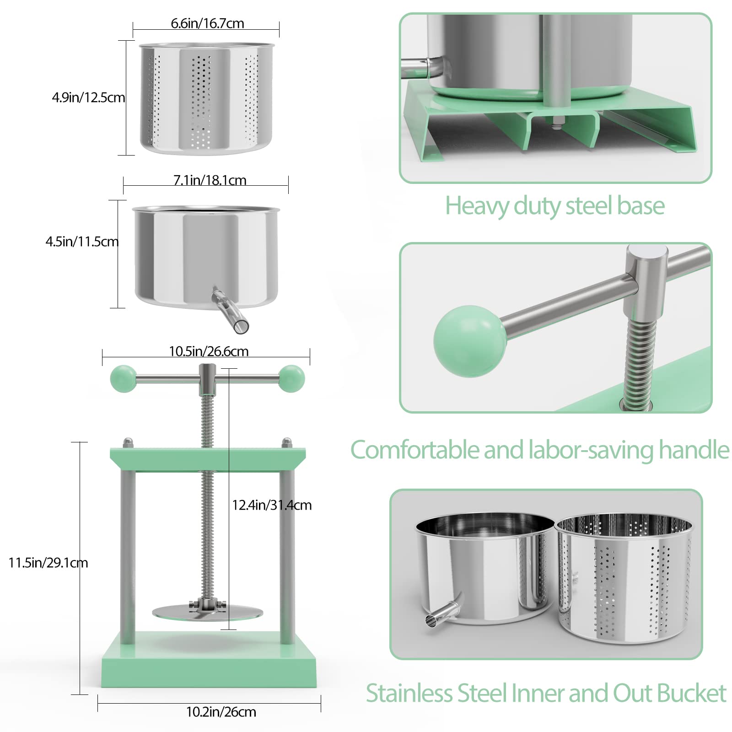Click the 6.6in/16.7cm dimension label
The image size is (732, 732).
click(207, 23)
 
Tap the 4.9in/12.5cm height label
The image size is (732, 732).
click(88, 97)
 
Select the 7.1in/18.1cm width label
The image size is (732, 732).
click(210, 180)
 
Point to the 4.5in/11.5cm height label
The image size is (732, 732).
click(82, 242)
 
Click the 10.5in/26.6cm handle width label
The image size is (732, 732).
click(209, 351)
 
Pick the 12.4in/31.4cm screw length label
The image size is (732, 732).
click(272, 505)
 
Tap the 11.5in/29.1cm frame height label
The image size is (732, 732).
click(48, 563)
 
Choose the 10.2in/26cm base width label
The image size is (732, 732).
click(221, 712)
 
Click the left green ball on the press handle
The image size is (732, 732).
click(123, 378)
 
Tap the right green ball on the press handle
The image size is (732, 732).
click(292, 378)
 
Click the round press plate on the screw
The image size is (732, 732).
click(208, 613)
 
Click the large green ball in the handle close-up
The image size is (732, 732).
click(470, 341)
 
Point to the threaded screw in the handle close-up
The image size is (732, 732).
click(640, 361)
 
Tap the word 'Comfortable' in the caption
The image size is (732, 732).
click(415, 450)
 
